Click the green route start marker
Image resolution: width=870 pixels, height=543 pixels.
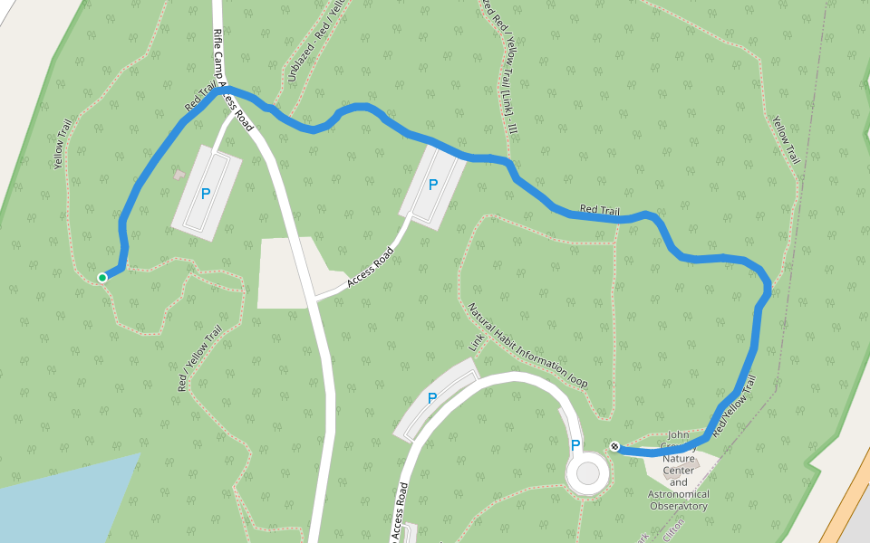[102, 277]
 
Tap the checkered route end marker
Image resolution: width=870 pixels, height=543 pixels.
[614, 445]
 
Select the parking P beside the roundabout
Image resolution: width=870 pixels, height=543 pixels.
[575, 444]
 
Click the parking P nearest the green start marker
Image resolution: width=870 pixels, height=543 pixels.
[206, 193]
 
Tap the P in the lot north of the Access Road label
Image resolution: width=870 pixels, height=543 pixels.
[433, 185]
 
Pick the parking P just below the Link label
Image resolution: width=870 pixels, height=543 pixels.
[432, 398]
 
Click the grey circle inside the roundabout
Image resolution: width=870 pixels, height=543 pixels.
[588, 473]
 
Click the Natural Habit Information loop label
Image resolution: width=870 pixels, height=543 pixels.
[527, 345]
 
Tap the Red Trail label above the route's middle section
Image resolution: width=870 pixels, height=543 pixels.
[600, 210]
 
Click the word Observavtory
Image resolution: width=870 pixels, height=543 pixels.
[679, 507]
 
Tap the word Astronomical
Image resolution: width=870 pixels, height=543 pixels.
[679, 494]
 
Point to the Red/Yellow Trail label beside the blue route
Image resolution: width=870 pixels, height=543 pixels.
[733, 409]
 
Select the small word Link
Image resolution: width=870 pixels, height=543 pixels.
[478, 342]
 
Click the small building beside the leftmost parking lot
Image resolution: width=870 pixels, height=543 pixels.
[179, 173]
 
